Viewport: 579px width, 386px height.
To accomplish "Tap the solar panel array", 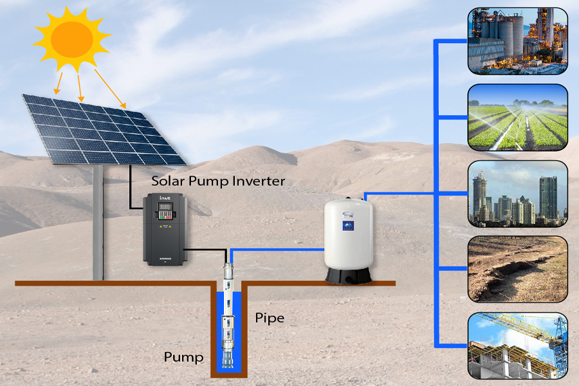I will click(103, 129).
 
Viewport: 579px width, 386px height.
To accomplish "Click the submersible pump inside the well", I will click(228, 322).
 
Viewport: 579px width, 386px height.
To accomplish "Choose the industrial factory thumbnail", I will click(517, 40).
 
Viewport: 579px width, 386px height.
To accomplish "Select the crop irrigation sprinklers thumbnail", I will click(517, 117).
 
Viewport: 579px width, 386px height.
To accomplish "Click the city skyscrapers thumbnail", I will click(517, 194).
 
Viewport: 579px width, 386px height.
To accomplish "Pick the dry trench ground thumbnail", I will click(517, 269).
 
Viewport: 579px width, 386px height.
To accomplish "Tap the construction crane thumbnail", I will click(517, 345).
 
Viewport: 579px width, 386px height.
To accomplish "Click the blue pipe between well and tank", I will click(277, 250).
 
